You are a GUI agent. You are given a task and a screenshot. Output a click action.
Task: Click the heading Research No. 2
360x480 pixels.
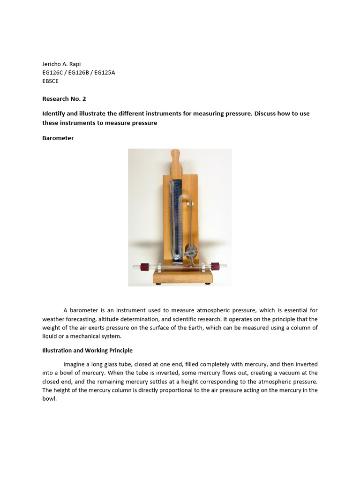click(x=64, y=99)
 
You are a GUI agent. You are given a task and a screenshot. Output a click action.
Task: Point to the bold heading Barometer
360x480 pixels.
click(x=58, y=138)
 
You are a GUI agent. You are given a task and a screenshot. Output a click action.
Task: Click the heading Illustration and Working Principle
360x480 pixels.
click(x=87, y=350)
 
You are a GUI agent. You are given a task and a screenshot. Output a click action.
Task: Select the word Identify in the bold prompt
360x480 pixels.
click(x=54, y=114)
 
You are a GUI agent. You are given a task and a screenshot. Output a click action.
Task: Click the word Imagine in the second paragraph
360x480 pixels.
click(x=75, y=364)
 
